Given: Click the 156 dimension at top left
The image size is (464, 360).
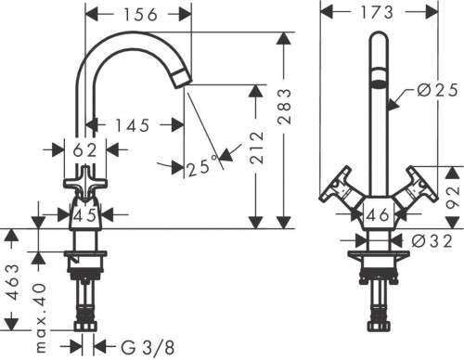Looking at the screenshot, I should tap(140, 15).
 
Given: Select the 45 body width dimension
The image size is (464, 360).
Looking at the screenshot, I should tap(85, 215).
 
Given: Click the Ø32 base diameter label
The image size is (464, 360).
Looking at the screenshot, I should tap(429, 238).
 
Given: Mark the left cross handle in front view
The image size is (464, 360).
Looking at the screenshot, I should tap(335, 189).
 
